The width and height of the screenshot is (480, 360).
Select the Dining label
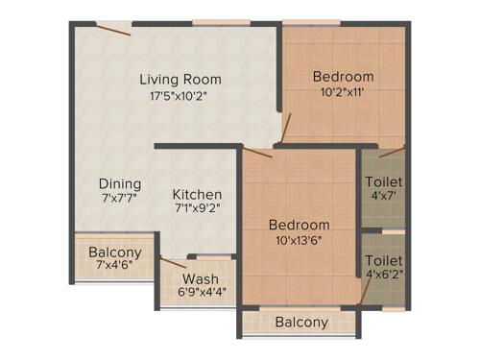(x=121, y=183)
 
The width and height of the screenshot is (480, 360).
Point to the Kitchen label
(x=199, y=194)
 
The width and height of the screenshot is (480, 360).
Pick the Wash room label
(x=201, y=280)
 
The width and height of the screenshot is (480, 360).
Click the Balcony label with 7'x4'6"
(x=115, y=252)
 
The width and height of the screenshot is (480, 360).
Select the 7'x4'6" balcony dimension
(x=115, y=268)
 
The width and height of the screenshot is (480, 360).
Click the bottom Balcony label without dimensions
(x=301, y=323)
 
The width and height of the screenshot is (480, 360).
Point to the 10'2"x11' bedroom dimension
(x=343, y=93)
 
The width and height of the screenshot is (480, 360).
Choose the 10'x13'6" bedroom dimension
(x=300, y=240)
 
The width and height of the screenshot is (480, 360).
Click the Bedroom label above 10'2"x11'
(x=343, y=77)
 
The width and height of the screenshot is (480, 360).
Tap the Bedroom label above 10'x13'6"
(x=300, y=225)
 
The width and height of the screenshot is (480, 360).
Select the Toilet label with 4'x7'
(x=384, y=181)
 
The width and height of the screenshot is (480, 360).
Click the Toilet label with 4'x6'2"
(x=383, y=260)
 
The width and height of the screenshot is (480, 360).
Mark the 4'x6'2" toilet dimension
(x=383, y=275)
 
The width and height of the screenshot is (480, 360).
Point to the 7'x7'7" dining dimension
(x=121, y=200)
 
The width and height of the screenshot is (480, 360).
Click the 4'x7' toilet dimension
(x=384, y=197)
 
